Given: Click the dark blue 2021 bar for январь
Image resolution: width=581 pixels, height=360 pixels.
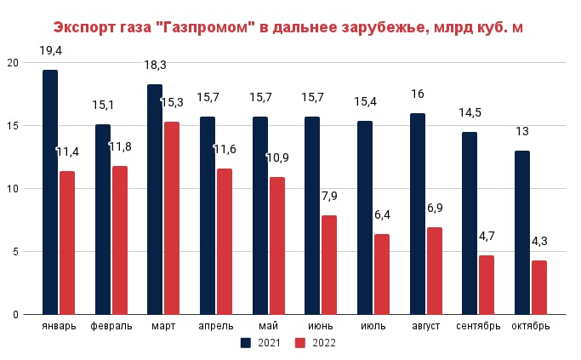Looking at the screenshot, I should click(50, 191).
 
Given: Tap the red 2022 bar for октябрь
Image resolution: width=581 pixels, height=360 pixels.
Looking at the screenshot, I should click(539, 287).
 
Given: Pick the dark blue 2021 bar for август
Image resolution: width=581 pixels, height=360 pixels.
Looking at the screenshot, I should click(418, 214).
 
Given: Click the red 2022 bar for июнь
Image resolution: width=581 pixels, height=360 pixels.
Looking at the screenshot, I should click(329, 265).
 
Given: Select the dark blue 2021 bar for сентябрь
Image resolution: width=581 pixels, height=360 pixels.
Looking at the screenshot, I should click(470, 223).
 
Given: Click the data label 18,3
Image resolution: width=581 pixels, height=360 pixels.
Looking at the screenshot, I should click(155, 65).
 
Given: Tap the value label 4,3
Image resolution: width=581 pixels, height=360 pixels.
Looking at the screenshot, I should click(538, 241).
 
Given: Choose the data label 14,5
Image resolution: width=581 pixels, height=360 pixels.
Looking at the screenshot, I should click(470, 112).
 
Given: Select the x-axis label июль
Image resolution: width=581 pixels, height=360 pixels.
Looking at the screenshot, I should click(373, 326).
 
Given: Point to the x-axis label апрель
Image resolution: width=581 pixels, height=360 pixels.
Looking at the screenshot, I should click(216, 326).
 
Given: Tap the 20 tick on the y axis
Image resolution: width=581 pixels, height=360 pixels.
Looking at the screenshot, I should click(12, 63).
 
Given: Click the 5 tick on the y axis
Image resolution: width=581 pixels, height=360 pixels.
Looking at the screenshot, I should click(15, 252).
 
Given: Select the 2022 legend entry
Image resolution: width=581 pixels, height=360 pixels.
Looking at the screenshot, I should click(316, 343).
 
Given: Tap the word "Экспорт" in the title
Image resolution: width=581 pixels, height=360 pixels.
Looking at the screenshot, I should click(85, 27).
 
